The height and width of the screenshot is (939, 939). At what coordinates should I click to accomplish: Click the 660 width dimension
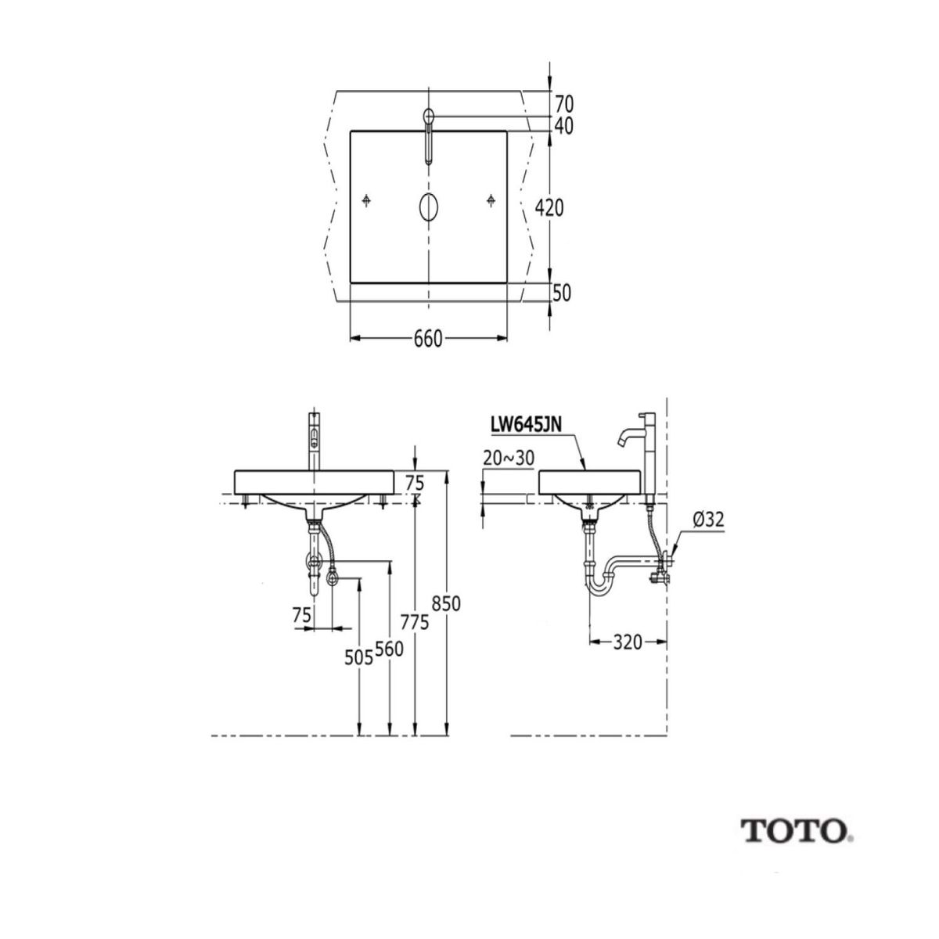click(x=428, y=339)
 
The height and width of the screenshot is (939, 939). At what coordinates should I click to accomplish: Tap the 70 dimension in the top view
click(x=564, y=103)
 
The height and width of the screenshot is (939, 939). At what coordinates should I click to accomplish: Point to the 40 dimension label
click(x=564, y=125)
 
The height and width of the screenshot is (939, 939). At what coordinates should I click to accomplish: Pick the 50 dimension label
click(x=563, y=293)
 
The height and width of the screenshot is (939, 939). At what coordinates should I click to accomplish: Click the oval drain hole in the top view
click(x=428, y=207)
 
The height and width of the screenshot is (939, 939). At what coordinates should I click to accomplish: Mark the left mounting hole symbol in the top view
click(x=366, y=201)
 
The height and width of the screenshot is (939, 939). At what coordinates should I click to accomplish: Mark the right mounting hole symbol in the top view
click(x=490, y=201)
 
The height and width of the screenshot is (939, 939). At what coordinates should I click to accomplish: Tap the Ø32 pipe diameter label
click(x=707, y=518)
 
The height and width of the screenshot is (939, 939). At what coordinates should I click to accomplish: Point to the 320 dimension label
click(x=628, y=642)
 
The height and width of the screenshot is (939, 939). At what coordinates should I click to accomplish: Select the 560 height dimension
click(x=389, y=649)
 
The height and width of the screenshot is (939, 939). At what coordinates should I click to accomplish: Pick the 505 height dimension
click(x=358, y=658)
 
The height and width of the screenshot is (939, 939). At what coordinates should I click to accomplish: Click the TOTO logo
click(x=796, y=830)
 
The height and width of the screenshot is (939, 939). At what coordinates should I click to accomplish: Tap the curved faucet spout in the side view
click(x=627, y=436)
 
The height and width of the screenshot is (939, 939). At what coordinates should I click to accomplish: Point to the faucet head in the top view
click(x=428, y=117)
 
